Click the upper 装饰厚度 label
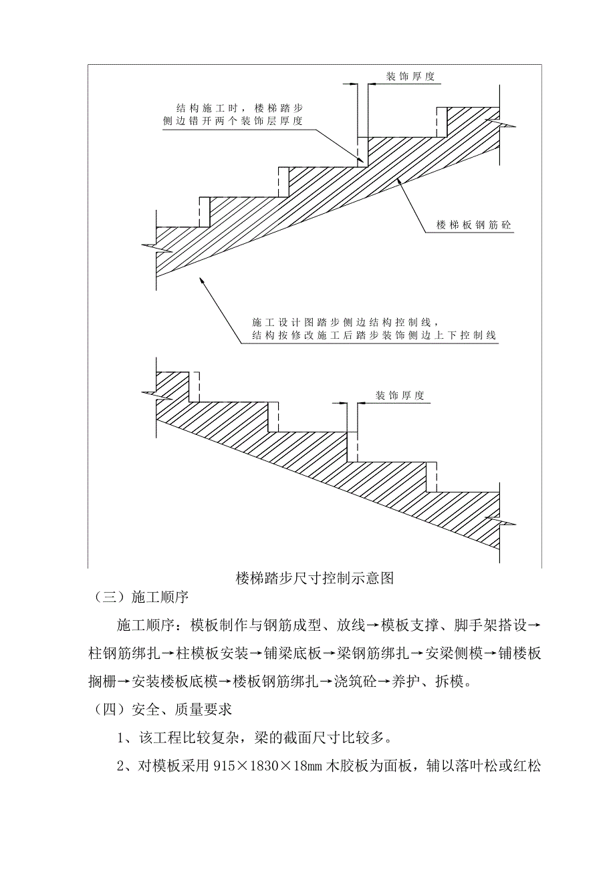point(410,76)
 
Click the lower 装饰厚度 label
point(400,396)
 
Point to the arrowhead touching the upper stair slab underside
point(398,180)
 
